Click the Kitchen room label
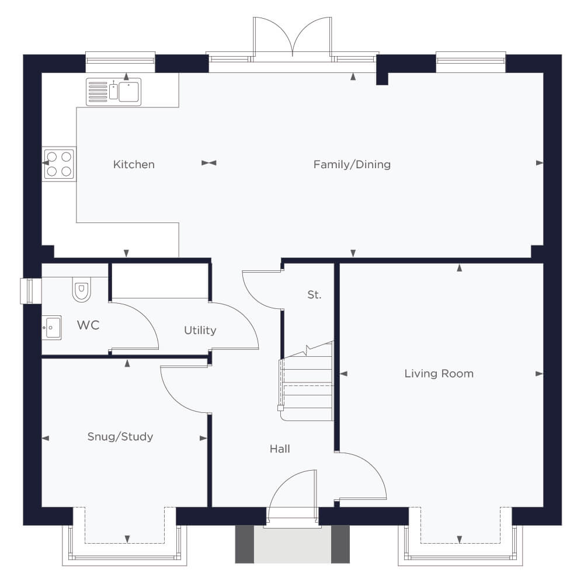pyautogui.click(x=134, y=164)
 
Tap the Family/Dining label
pyautogui.click(x=352, y=164)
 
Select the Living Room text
pyautogui.click(x=439, y=374)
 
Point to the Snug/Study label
pyautogui.click(x=120, y=436)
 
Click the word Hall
pyautogui.click(x=280, y=449)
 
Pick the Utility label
pyautogui.click(x=200, y=331)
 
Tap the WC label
pyautogui.click(x=88, y=325)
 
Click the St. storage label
pyautogui.click(x=314, y=295)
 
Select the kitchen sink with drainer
pyautogui.click(x=114, y=92)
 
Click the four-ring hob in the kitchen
pyautogui.click(x=59, y=164)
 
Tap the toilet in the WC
pyautogui.click(x=82, y=289)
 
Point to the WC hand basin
pyautogui.click(x=52, y=328)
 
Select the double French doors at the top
pyautogui.click(x=293, y=37)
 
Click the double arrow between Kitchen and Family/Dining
pyautogui.click(x=209, y=163)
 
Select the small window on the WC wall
pyautogui.click(x=30, y=291)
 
